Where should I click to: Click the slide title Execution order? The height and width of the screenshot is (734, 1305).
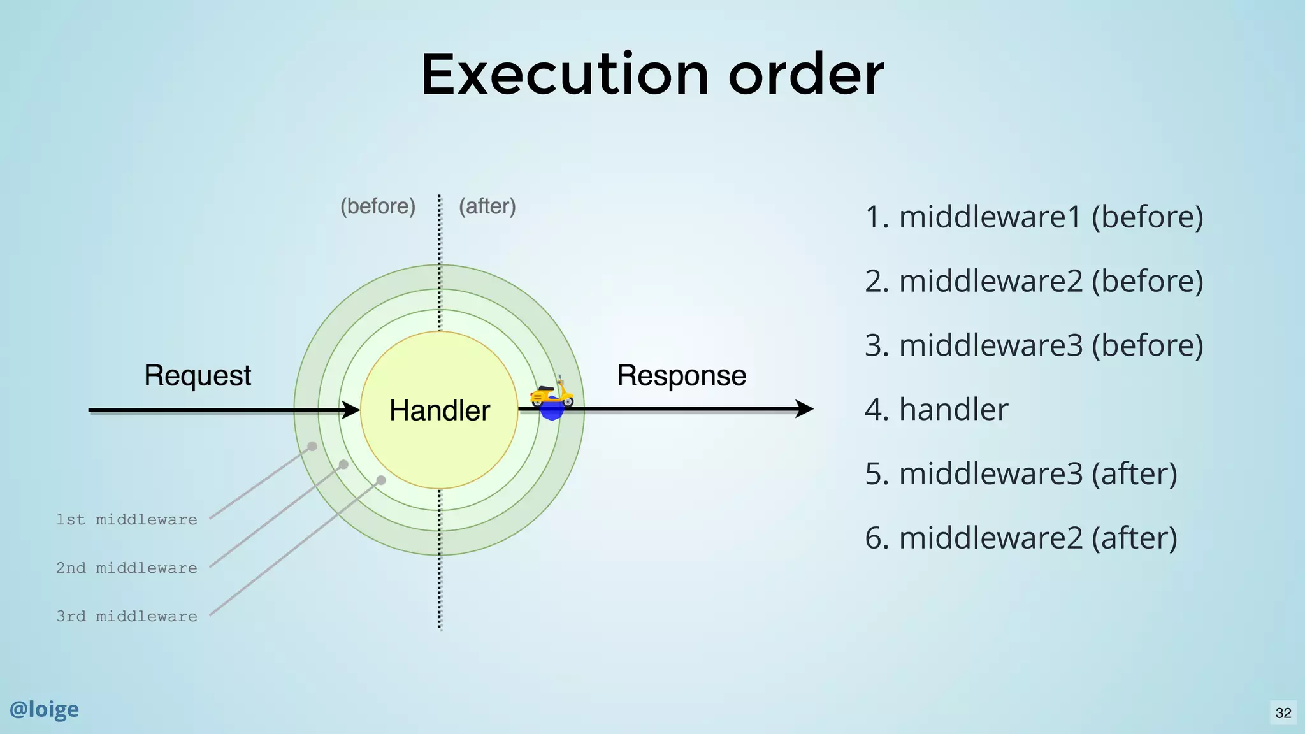point(652,75)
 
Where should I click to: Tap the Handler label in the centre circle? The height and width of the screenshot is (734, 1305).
point(440,410)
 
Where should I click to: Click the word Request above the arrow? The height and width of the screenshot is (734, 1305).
point(198,375)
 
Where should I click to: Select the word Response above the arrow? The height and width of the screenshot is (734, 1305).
point(681,375)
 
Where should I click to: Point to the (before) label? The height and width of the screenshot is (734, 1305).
point(378,206)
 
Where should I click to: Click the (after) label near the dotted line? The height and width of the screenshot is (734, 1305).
point(487,206)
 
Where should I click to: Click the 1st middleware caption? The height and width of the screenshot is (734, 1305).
point(126,520)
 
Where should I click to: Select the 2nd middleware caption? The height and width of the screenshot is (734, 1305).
point(126,568)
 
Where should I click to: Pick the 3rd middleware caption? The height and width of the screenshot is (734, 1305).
point(126,617)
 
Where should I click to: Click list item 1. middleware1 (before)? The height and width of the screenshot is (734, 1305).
point(1034,217)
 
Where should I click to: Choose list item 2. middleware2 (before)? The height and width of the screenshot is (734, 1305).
point(1034,281)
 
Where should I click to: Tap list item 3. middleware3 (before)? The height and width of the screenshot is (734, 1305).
point(1034,345)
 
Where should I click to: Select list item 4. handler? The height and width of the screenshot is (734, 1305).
point(936,410)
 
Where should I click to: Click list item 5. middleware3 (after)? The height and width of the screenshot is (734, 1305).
point(1021,474)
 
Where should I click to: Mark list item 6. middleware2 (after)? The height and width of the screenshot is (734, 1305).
point(1021,538)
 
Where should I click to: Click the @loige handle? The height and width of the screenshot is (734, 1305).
point(44,709)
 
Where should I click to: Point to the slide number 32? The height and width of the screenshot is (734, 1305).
point(1283,713)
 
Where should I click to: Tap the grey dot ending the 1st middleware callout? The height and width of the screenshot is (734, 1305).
point(312,447)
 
